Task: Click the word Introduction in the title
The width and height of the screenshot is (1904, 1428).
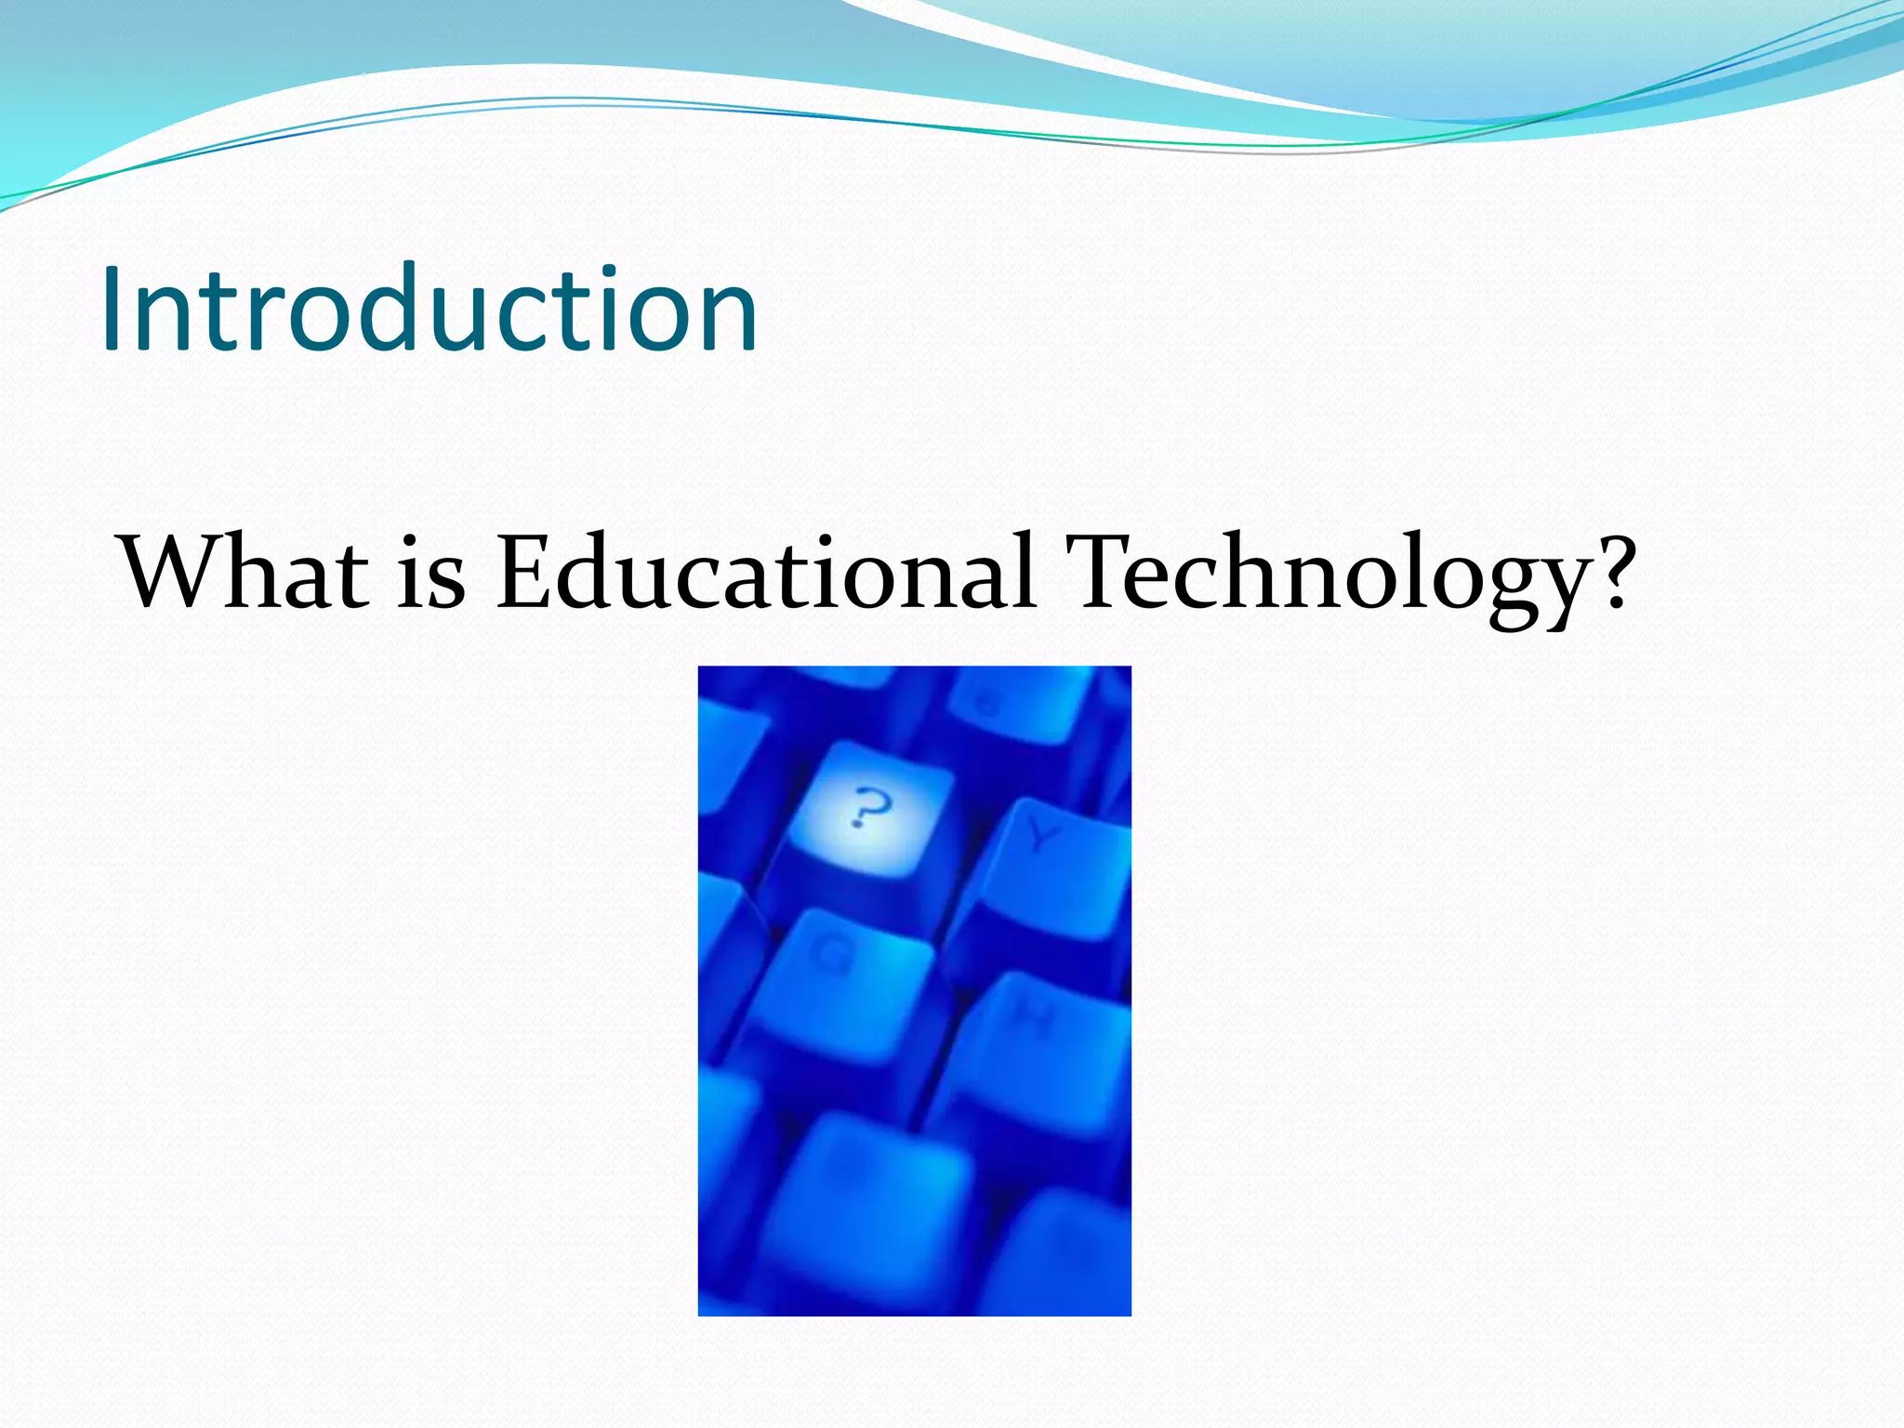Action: (430, 309)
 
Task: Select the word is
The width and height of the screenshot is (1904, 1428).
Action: (431, 575)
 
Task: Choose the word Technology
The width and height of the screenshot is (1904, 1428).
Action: (1325, 575)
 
